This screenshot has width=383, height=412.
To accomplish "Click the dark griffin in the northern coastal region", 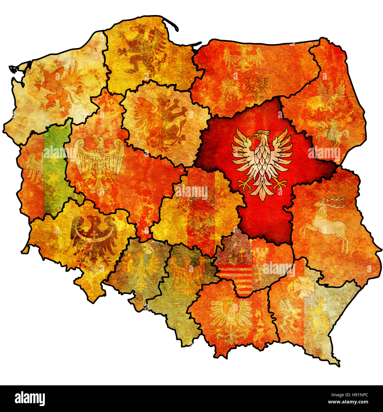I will coord(143,49).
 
